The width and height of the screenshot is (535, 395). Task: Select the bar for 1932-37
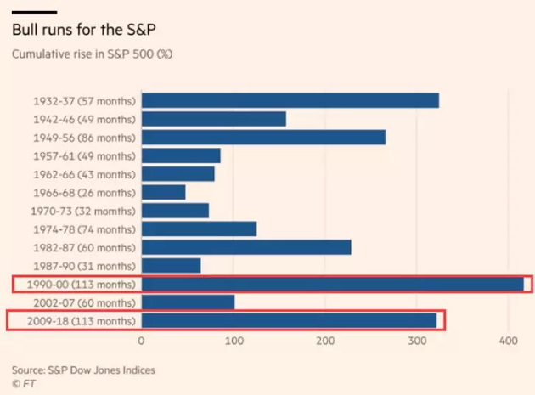click(290, 100)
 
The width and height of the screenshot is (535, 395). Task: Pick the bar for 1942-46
click(213, 119)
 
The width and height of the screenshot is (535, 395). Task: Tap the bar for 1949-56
click(263, 138)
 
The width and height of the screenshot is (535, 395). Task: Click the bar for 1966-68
click(163, 192)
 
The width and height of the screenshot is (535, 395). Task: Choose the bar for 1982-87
click(245, 247)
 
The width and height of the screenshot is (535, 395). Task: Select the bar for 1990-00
click(332, 284)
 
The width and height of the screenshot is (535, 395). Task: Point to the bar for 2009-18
click(289, 320)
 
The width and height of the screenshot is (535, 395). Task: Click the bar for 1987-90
click(171, 265)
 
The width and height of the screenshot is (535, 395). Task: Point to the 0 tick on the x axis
click(141, 341)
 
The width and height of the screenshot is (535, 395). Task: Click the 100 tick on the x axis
click(234, 341)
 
